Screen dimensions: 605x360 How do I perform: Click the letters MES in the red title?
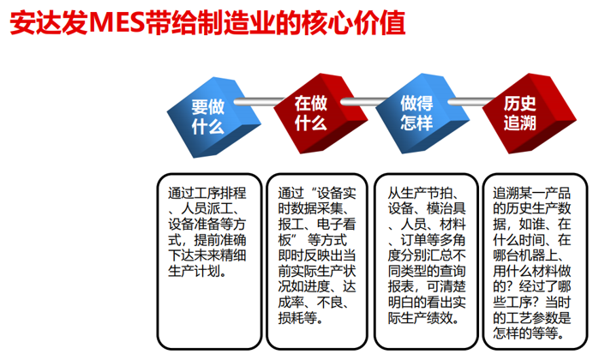(117, 23)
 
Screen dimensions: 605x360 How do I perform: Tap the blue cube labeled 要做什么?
(213, 117)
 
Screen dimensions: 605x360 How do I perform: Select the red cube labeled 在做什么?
(320, 113)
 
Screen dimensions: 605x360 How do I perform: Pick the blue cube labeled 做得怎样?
(422, 113)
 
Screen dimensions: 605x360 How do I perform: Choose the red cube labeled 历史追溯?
(530, 113)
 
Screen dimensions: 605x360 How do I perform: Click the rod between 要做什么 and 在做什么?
(259, 101)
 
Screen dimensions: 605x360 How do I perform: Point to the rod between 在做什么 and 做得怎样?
(363, 101)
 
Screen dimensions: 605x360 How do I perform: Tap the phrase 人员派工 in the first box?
(207, 209)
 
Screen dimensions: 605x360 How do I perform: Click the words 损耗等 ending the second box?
(297, 318)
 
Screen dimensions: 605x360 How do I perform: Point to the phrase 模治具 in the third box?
(446, 209)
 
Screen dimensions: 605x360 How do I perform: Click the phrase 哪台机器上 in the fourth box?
(525, 255)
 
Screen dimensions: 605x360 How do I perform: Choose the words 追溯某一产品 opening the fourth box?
(531, 193)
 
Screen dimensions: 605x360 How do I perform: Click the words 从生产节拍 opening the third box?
(420, 193)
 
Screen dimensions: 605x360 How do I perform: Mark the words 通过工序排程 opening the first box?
(207, 193)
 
